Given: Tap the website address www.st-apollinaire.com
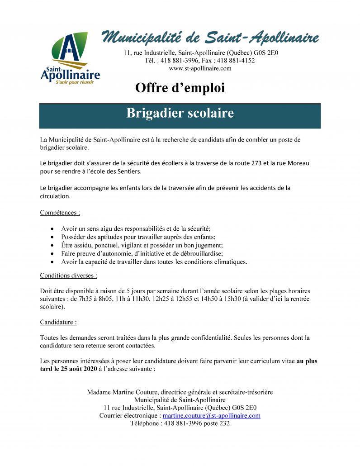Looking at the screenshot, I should click(x=200, y=68).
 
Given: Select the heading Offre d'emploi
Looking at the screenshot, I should click(x=180, y=88).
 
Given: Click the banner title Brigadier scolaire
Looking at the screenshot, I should click(x=180, y=113).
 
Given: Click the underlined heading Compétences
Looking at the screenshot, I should click(x=60, y=212).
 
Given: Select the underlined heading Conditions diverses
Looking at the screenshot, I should click(x=68, y=275).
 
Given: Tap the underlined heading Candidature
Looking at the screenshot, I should click(x=58, y=322).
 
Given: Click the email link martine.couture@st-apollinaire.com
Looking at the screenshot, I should click(x=211, y=415).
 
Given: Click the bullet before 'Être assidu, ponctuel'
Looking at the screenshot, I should click(x=53, y=246).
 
